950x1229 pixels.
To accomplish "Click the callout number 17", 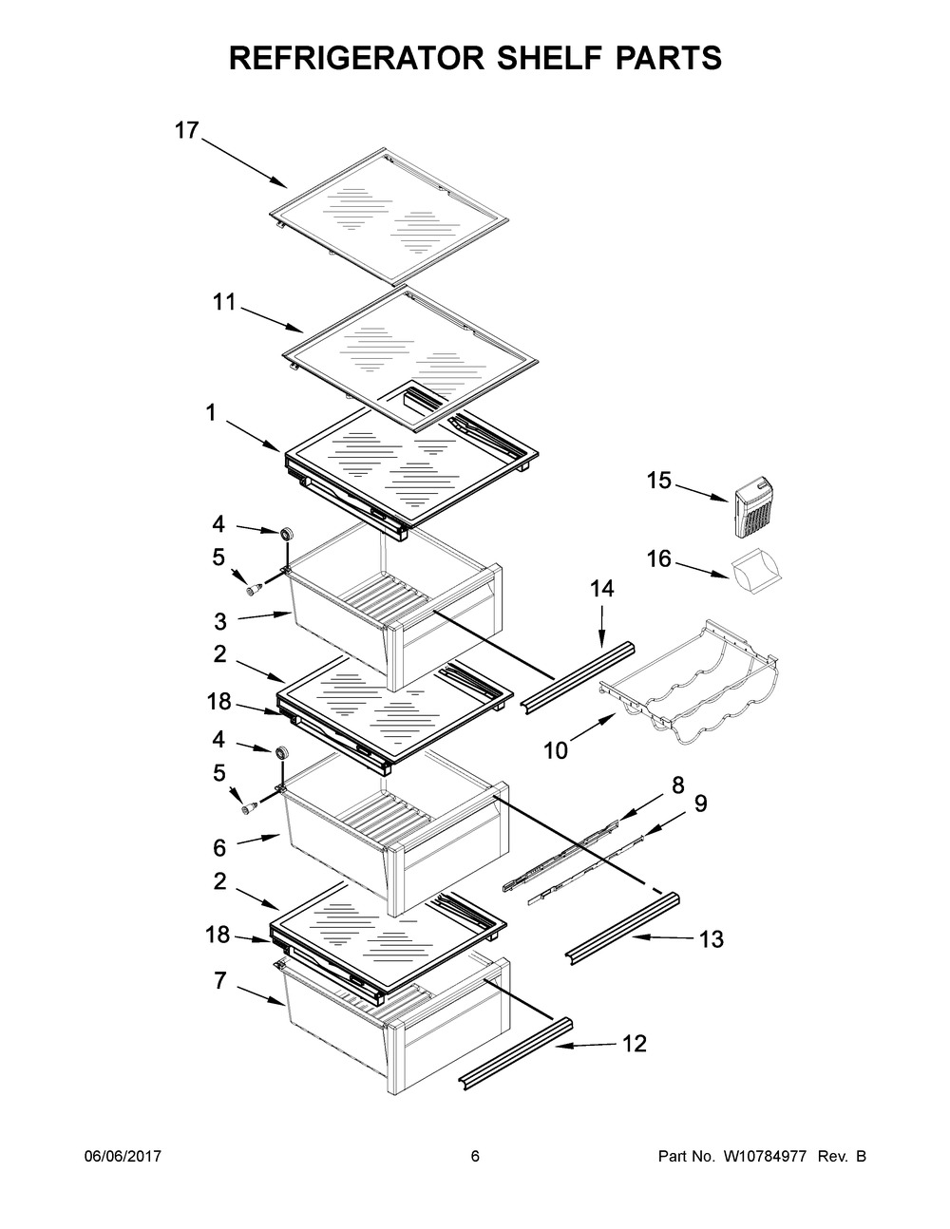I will [x=186, y=131].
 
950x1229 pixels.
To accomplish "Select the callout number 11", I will [x=223, y=303].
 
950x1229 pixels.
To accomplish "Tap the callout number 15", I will [x=658, y=482].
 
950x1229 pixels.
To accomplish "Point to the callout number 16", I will [x=659, y=559].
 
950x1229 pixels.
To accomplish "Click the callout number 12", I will [x=634, y=1045].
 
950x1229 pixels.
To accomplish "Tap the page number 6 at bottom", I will [x=475, y=1156].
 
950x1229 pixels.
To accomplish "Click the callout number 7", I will [x=219, y=981].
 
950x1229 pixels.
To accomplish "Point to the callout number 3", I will [x=219, y=622].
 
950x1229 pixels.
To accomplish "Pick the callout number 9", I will [x=700, y=804].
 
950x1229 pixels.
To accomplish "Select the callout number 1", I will [x=211, y=412].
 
